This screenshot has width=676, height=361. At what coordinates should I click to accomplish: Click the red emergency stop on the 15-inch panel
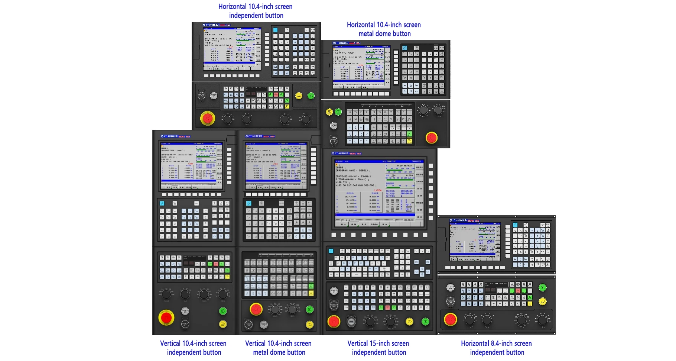[x=334, y=322]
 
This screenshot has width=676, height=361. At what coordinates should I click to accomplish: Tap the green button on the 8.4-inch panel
[x=543, y=287]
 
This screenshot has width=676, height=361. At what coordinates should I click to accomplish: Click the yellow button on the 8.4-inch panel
[x=543, y=301]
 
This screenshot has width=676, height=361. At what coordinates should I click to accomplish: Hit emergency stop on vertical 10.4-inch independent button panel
[x=166, y=318]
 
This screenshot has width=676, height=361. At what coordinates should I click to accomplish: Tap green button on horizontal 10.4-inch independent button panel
[x=311, y=96]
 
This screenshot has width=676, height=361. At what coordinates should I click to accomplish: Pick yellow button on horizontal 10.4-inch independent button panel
[x=299, y=96]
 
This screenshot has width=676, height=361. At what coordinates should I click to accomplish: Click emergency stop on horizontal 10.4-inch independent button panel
[x=207, y=119]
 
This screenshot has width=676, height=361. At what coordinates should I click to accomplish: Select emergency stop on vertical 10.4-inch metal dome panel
[x=256, y=309]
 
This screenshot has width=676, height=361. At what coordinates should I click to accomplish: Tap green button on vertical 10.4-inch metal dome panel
[x=309, y=309]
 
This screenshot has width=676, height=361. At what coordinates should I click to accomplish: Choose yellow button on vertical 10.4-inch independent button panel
[x=223, y=324]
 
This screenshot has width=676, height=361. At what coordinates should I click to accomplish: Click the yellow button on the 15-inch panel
[x=409, y=321]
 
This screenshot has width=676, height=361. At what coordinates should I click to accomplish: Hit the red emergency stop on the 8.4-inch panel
[x=450, y=319]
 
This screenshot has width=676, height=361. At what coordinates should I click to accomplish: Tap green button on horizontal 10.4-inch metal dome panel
[x=338, y=112]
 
